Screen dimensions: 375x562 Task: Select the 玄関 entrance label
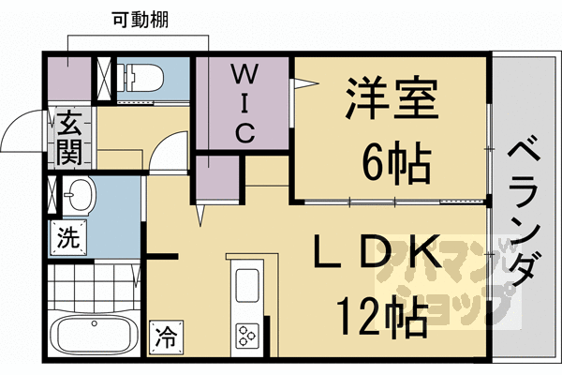tap(68, 137)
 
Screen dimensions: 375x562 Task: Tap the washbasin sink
tap(78, 197)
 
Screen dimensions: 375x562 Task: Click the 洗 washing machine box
tap(67, 238)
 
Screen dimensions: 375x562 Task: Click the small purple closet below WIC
tap(213, 181)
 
